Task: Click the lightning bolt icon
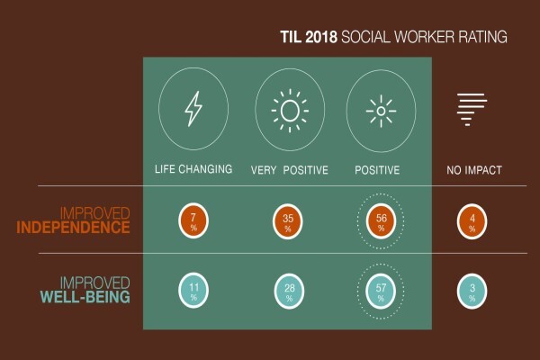click(193, 109)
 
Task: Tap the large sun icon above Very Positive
click(290, 111)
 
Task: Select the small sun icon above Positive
click(381, 112)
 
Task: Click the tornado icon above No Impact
click(472, 109)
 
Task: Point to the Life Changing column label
click(193, 169)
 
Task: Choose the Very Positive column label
click(290, 170)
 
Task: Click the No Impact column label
click(474, 170)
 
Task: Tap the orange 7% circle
click(193, 220)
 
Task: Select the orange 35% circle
click(288, 221)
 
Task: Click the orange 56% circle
click(381, 221)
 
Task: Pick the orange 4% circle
click(472, 221)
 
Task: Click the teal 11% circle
click(193, 291)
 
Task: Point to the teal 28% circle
click(289, 291)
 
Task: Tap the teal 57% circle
click(381, 291)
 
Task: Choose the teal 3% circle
click(472, 291)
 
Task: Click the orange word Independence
click(74, 228)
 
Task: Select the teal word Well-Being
click(85, 297)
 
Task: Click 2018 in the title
click(321, 37)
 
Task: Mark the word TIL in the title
click(291, 37)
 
